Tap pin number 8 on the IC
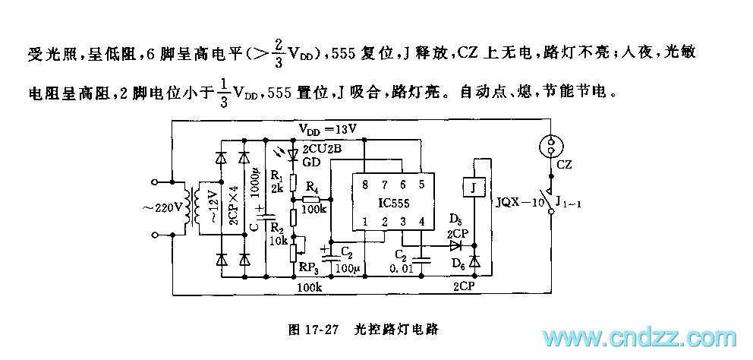[365, 184]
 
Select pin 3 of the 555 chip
[403, 223]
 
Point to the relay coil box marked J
[473, 188]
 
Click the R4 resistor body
[310, 195]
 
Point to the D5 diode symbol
[455, 245]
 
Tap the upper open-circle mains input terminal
[156, 182]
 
